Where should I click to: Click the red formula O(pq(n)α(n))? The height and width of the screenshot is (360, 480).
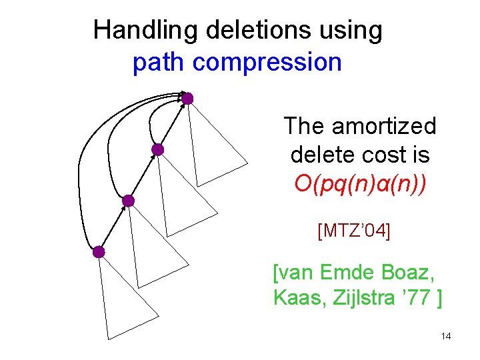click(x=360, y=183)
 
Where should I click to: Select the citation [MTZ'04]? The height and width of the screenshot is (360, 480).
click(x=355, y=231)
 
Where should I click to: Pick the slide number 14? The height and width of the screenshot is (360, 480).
click(x=446, y=337)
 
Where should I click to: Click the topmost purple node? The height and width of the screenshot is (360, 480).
click(x=187, y=99)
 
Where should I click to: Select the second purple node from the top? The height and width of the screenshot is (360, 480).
click(x=157, y=150)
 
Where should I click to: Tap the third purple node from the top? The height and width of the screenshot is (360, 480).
click(x=128, y=201)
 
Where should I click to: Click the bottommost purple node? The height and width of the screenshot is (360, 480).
click(x=99, y=252)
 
